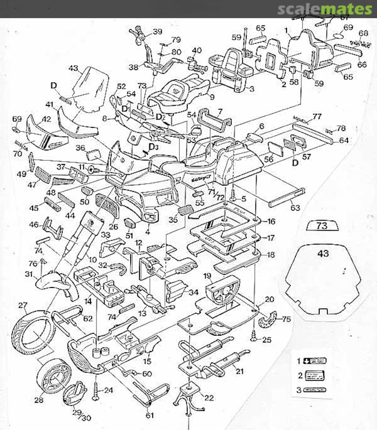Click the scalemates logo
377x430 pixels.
[x=325, y=9]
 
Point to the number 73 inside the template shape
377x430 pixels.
[x=322, y=226]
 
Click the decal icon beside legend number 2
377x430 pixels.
[x=314, y=375]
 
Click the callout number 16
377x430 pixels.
[x=271, y=221]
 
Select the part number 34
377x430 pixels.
[x=194, y=292]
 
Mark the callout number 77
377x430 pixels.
[x=317, y=116]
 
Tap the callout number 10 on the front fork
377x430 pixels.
[x=92, y=260]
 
